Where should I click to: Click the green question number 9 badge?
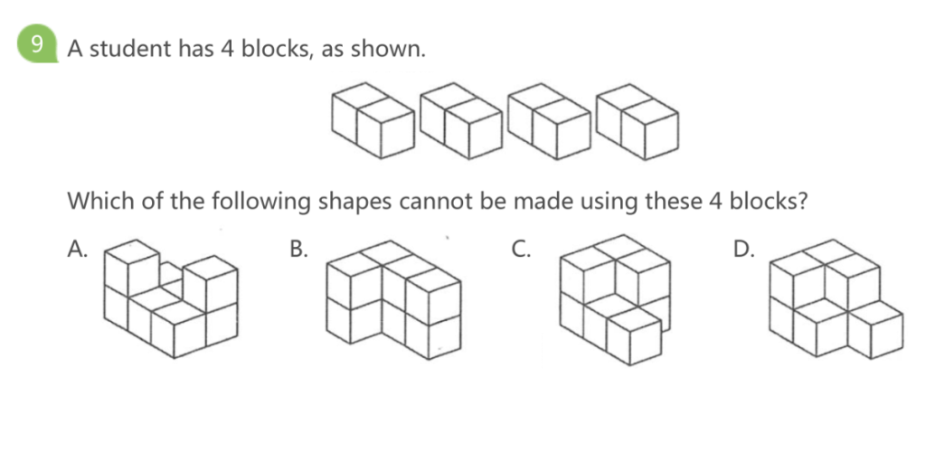coord(37,44)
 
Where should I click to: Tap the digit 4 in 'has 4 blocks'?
coord(228,49)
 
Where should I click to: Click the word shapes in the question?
coord(355,203)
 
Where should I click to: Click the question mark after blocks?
coord(801,201)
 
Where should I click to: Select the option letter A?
coord(78,250)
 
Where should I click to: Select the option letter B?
coord(298,250)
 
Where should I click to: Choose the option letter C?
coord(520,250)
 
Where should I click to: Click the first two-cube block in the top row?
coord(373,120)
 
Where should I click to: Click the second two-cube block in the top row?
coord(460,120)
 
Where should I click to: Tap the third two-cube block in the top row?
coord(549,121)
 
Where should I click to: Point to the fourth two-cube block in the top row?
coord(638,121)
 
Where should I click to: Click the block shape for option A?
coord(171,298)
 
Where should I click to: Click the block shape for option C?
coord(615,300)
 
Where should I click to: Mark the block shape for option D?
coord(836,298)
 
